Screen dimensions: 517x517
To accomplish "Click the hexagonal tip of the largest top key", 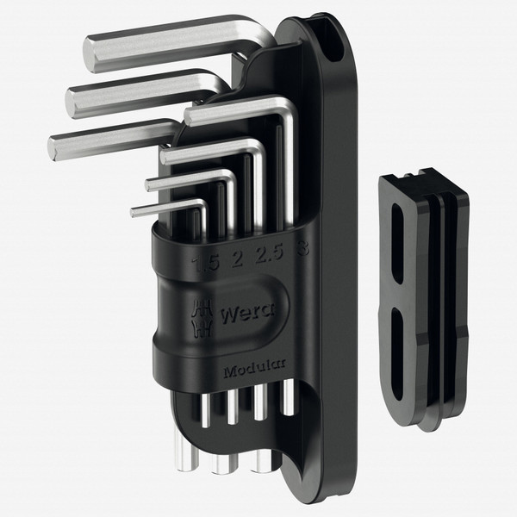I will coord(90,53).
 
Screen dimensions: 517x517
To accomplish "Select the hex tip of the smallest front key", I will coord(135,210).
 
